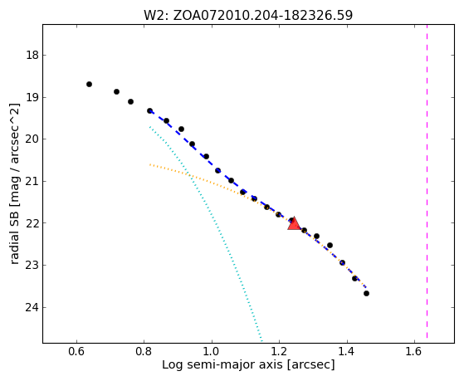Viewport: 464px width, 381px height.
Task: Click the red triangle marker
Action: tap(294, 224)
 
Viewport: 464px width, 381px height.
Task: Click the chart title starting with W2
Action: tap(248, 16)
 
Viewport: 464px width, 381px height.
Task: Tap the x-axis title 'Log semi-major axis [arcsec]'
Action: tap(248, 364)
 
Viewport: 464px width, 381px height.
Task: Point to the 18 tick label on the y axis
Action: tap(32, 55)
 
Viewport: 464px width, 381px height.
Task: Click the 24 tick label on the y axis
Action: tap(32, 308)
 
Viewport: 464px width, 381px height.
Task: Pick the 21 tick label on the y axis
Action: tap(32, 181)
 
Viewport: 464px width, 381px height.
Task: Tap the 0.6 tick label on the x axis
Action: tap(76, 351)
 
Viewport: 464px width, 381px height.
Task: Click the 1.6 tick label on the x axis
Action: tap(414, 351)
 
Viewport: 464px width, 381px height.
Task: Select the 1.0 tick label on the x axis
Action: tap(212, 351)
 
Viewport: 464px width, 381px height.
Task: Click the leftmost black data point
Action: tap(89, 85)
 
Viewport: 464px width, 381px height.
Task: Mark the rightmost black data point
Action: tap(366, 293)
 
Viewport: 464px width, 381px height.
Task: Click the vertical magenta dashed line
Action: tap(427, 181)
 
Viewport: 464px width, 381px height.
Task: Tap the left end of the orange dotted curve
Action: tap(150, 164)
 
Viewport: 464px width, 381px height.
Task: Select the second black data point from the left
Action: tap(116, 92)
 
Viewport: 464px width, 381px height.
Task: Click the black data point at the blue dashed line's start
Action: tap(149, 110)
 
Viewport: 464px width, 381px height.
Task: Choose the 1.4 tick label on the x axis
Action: tap(346, 351)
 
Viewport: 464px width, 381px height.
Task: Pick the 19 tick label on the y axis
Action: tap(32, 97)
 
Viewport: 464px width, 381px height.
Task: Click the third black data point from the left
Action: tap(130, 101)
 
